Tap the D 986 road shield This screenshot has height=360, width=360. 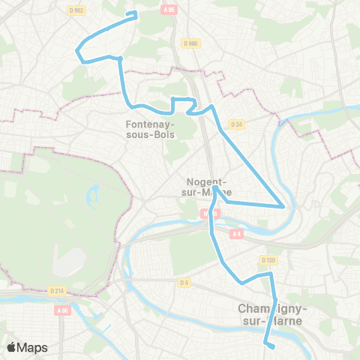point(190,44)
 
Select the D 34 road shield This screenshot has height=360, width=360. point(237,124)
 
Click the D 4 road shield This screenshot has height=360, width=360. point(184,283)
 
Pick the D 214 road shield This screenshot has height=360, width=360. point(56,290)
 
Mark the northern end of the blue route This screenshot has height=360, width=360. point(135,13)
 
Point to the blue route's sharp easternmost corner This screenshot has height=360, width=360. point(283,205)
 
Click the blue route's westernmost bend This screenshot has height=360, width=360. point(76,51)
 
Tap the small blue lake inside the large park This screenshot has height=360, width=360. point(94,196)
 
